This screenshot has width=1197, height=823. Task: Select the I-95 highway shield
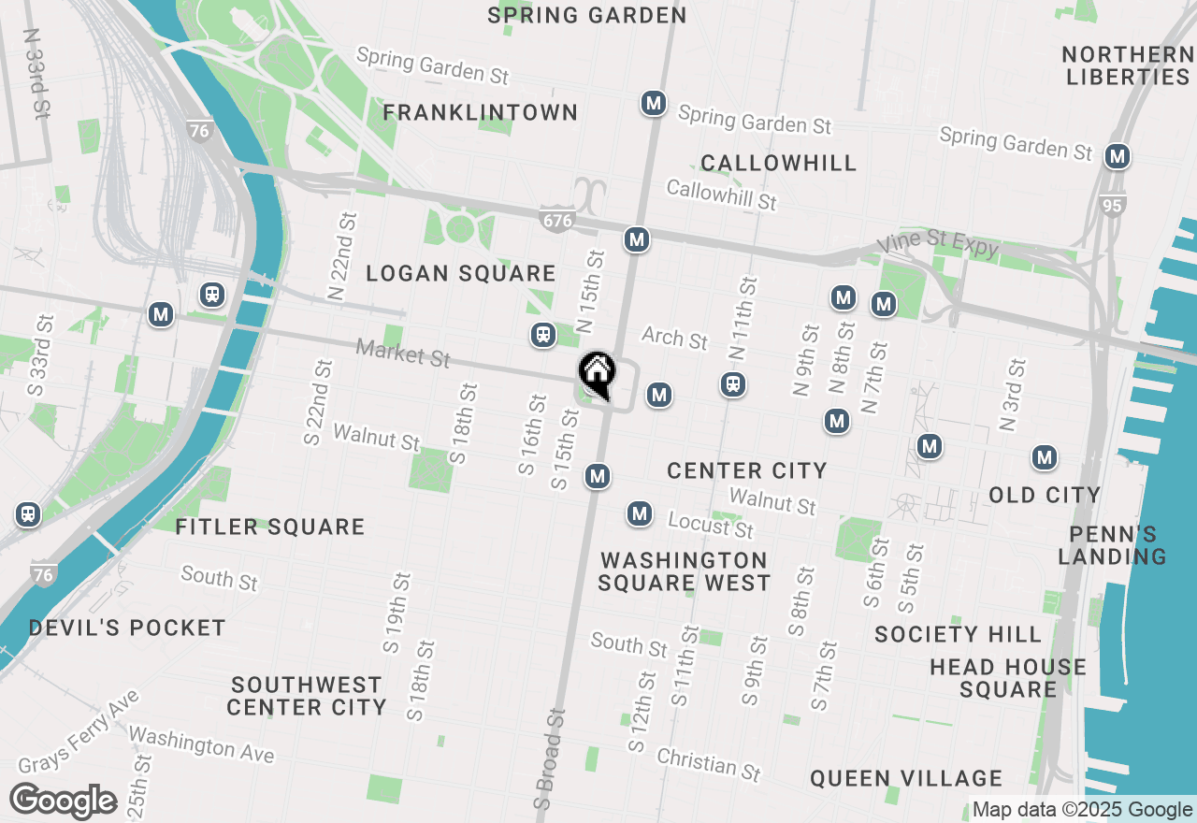pyautogui.click(x=1111, y=205)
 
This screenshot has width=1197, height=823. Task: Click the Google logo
pyautogui.click(x=63, y=801)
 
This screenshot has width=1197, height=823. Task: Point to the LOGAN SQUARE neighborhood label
pyautogui.click(x=461, y=273)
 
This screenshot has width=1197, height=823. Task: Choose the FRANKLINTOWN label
pyautogui.click(x=481, y=113)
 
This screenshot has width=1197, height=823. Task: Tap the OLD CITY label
pyautogui.click(x=1045, y=494)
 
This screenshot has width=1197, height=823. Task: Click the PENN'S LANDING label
pyautogui.click(x=1113, y=545)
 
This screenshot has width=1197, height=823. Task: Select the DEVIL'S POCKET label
pyautogui.click(x=127, y=628)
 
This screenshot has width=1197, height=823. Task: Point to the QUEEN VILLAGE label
pyautogui.click(x=906, y=778)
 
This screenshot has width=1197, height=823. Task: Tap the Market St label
pyautogui.click(x=403, y=354)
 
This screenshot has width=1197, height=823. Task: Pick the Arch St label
pyautogui.click(x=675, y=338)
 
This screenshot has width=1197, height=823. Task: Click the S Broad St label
pyautogui.click(x=551, y=758)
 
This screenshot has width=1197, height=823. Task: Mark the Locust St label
pyautogui.click(x=711, y=526)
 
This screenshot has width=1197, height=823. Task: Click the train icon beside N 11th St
pyautogui.click(x=734, y=383)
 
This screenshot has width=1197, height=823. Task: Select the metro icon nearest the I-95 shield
pyautogui.click(x=1117, y=156)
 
